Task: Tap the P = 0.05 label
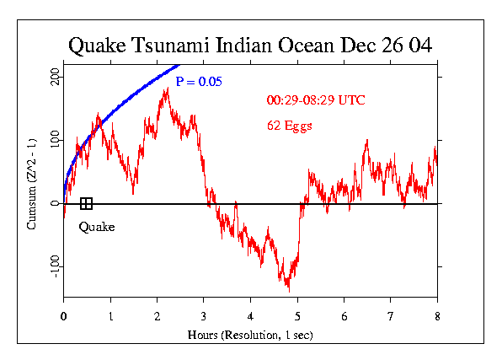coord(199,82)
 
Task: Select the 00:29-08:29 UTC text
coord(316,101)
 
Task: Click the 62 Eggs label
coord(290,126)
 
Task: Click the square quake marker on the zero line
coord(86,203)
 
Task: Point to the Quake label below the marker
coord(97,227)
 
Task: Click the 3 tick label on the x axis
coord(204,315)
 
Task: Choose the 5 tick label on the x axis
coord(297,315)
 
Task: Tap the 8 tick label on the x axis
coord(437,315)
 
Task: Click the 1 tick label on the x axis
coord(110,315)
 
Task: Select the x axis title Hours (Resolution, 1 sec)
coord(251,335)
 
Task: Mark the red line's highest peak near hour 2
coord(167,89)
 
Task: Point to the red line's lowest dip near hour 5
coord(289,290)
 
